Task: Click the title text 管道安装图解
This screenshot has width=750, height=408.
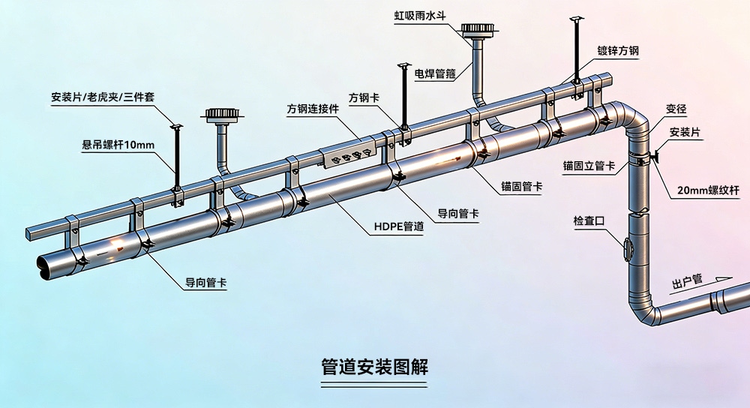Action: click(374, 367)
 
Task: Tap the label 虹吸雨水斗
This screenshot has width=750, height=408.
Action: click(420, 15)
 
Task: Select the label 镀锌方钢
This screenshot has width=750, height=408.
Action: click(618, 51)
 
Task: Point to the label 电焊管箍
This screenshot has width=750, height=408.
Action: click(435, 73)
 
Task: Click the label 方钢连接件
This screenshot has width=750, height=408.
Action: click(313, 109)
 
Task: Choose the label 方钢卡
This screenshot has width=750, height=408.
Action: click(364, 97)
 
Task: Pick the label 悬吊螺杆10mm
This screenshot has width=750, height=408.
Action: click(118, 145)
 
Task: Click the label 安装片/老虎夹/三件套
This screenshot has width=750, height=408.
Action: click(103, 97)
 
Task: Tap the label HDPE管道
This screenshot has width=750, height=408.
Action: click(399, 226)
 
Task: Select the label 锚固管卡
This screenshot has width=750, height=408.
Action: click(522, 186)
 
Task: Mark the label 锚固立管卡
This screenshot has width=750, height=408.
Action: click(589, 166)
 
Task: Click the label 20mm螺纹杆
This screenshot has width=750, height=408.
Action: click(709, 190)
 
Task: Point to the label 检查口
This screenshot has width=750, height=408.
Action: click(589, 220)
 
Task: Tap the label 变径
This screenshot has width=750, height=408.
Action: click(676, 109)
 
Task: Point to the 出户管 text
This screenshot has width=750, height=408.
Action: click(687, 281)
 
